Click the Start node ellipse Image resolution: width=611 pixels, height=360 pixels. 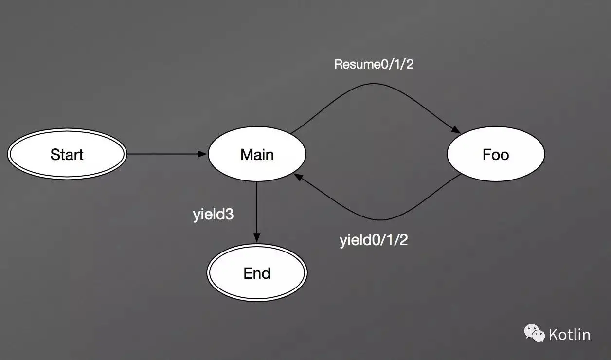coord(67,154)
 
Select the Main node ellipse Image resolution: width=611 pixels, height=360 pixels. coord(257,154)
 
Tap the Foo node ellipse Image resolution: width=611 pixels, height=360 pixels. coord(496,154)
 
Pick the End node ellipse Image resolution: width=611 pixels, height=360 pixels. coord(257,273)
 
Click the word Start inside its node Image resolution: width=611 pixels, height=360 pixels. coord(67,155)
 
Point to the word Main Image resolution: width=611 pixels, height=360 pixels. coord(257,155)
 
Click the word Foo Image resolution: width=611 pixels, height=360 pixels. coord(496,155)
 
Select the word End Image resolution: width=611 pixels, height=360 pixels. coord(257,273)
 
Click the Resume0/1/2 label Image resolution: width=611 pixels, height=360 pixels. coord(374,64)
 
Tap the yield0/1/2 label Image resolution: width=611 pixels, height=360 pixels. coord(374,240)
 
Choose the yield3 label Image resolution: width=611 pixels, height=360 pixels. coord(213,215)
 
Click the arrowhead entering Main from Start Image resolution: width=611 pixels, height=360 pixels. coord(202,154)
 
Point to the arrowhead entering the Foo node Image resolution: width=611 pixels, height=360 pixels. coord(456,130)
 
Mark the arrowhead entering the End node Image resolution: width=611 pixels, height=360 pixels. coord(257,237)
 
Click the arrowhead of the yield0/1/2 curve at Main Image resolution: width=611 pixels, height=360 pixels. coord(298,177)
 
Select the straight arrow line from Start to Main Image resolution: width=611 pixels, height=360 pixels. coord(167,154)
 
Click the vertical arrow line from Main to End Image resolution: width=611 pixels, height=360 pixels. coord(257,212)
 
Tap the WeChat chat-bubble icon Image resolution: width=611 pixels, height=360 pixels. coord(534,333)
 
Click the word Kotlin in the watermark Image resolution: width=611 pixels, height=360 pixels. coord(570,335)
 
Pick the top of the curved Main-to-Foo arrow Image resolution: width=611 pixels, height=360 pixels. coord(374,84)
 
